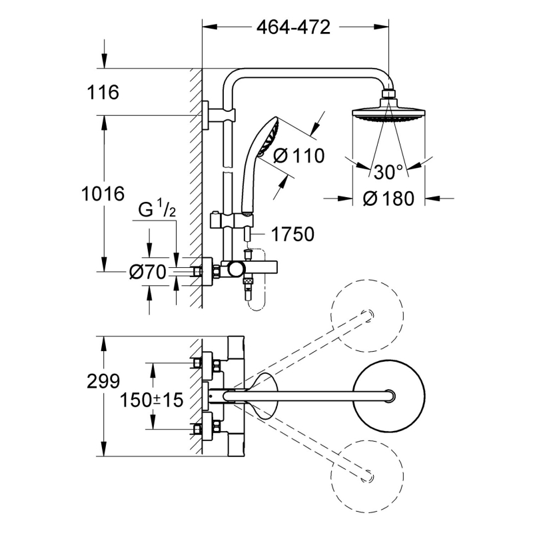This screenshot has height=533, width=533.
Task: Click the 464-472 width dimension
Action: pyautogui.click(x=293, y=27)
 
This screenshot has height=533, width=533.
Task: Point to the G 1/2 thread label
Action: pyautogui.click(x=157, y=212)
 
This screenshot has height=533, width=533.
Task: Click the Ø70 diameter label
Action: pyautogui.click(x=147, y=272)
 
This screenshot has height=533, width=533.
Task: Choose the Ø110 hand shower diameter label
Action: pyautogui.click(x=298, y=157)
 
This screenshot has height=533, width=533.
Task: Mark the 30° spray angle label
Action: pyautogui.click(x=388, y=172)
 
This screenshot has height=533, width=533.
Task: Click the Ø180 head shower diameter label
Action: pyautogui.click(x=389, y=198)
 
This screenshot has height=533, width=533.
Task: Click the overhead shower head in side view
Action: pyautogui.click(x=388, y=112)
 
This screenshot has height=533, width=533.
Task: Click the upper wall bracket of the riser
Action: pyautogui.click(x=215, y=115)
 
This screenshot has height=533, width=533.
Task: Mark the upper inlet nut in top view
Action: pyautogui.click(x=197, y=363)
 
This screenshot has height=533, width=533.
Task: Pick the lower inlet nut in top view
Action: pyautogui.click(x=197, y=429)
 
